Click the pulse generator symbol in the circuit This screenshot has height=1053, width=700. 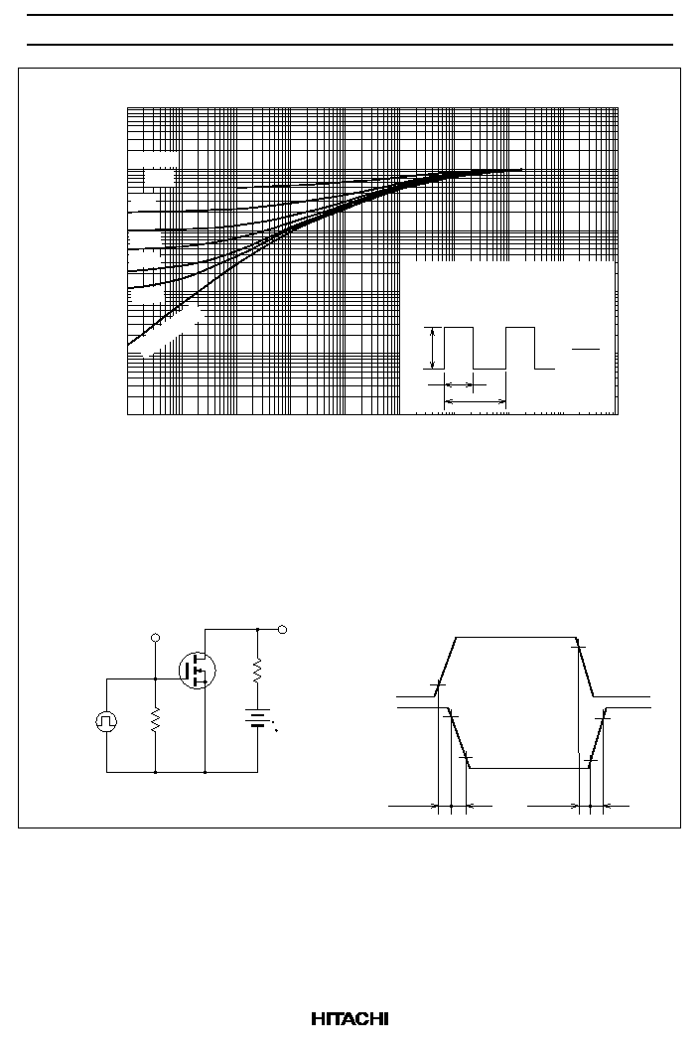click(106, 721)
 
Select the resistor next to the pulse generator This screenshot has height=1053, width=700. click(156, 719)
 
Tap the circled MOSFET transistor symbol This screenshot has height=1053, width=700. click(198, 670)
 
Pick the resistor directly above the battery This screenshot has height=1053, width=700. click(258, 671)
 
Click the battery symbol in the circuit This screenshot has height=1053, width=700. click(258, 718)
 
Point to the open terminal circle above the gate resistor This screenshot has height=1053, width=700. click(156, 638)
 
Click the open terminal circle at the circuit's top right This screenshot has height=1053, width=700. click(283, 629)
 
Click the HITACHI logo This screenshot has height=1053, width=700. click(350, 1019)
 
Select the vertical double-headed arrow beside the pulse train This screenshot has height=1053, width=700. click(434, 348)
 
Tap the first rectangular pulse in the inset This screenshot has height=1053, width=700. click(459, 348)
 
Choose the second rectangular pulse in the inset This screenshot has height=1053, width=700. click(520, 348)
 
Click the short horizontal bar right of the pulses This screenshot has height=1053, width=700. click(585, 350)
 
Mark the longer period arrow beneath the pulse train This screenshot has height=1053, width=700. click(476, 401)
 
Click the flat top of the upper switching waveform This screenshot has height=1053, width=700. click(516, 637)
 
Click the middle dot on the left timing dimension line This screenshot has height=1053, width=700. click(451, 806)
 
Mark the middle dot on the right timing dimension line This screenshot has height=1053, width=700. click(590, 806)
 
